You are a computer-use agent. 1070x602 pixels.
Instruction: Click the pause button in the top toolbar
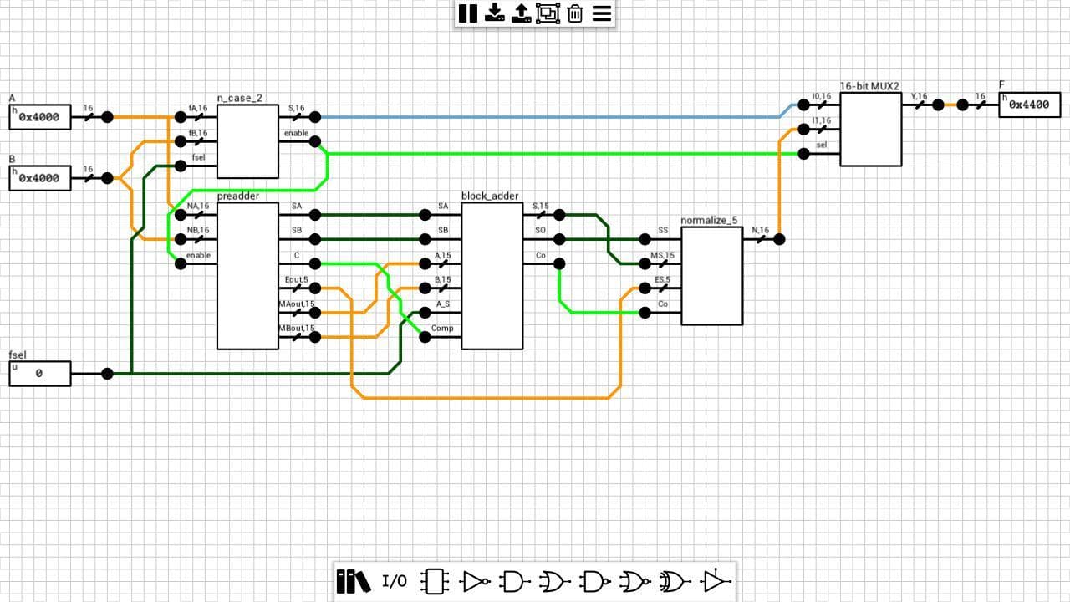(467, 13)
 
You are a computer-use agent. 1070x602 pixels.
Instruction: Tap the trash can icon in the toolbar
(575, 13)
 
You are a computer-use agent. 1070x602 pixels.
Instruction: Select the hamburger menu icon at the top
(602, 13)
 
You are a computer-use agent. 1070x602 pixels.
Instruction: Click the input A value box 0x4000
(40, 117)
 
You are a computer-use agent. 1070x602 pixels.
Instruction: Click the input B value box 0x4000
(40, 178)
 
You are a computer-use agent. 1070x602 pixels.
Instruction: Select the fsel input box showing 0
(40, 374)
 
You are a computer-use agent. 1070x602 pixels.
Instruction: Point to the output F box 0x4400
(1030, 105)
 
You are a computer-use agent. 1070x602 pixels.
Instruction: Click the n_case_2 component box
(247, 141)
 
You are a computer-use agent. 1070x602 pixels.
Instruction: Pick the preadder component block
(247, 276)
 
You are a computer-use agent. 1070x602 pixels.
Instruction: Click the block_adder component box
(492, 276)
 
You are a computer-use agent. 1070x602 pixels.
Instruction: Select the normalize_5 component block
(711, 276)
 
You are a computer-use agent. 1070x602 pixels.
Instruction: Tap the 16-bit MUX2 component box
(871, 130)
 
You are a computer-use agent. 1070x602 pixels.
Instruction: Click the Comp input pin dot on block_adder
(425, 337)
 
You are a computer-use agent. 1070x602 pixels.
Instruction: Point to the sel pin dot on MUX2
(804, 154)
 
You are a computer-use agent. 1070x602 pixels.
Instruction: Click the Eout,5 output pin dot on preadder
(315, 288)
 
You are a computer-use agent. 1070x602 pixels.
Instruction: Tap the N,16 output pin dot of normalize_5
(779, 239)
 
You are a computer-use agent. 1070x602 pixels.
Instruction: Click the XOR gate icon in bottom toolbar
(673, 581)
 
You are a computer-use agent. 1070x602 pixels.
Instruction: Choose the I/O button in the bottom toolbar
(395, 581)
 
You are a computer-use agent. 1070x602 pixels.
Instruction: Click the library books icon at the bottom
(354, 581)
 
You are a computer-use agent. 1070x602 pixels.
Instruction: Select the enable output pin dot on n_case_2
(315, 141)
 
